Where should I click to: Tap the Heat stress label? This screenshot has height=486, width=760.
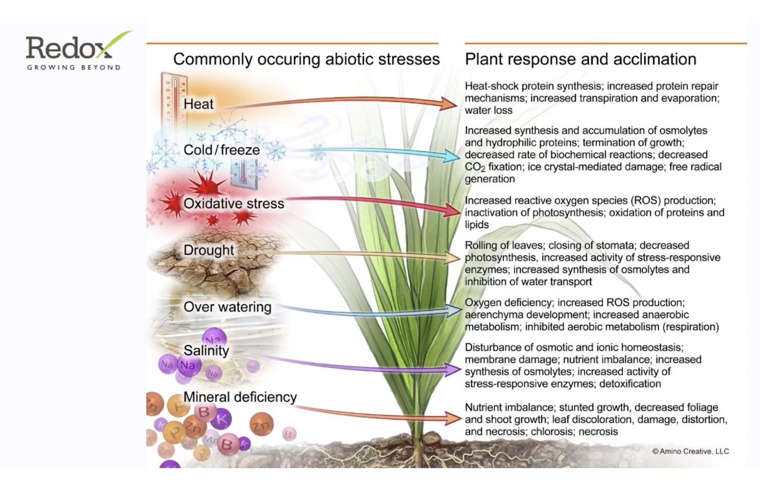(x=199, y=104)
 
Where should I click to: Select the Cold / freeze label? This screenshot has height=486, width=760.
(x=221, y=150)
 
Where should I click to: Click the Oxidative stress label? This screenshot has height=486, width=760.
(x=234, y=203)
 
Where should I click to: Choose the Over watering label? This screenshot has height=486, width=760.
(x=227, y=307)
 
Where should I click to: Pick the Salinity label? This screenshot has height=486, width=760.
(x=206, y=351)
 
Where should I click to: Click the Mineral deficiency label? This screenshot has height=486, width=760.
(x=240, y=397)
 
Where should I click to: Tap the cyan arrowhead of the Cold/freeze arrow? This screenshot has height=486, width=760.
(x=452, y=156)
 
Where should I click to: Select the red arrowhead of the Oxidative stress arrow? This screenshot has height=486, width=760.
(x=452, y=209)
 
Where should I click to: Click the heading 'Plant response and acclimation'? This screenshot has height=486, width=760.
(x=580, y=59)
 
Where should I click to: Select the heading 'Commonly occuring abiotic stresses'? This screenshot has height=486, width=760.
(x=306, y=59)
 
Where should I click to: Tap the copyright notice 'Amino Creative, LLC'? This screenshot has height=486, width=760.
(x=690, y=452)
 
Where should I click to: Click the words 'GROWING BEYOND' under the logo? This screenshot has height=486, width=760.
(x=74, y=67)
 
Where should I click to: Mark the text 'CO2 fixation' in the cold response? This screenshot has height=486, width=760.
(x=492, y=168)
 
